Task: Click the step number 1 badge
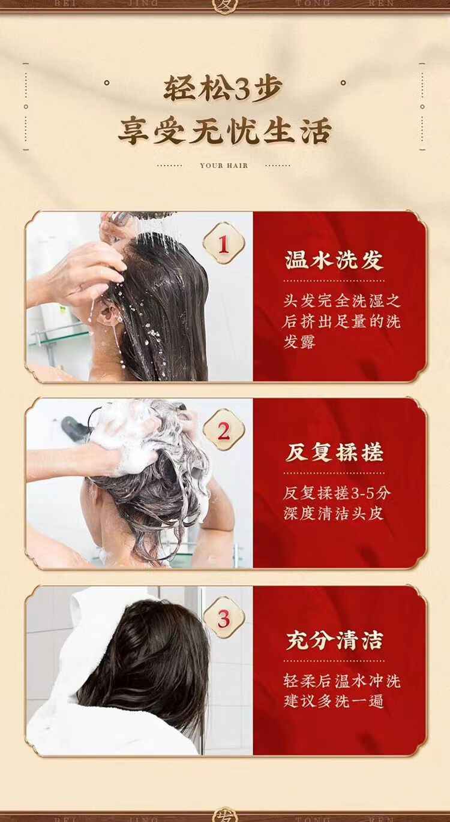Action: click(x=224, y=243)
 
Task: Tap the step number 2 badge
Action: click(x=224, y=430)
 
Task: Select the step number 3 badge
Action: click(x=224, y=619)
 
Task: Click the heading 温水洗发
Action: click(x=334, y=261)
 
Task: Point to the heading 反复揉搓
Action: click(x=334, y=453)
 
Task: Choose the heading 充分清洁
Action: click(x=334, y=641)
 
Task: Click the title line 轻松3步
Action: click(x=223, y=89)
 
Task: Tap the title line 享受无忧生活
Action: click(x=225, y=131)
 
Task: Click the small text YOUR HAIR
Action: click(x=224, y=165)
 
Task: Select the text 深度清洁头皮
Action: click(x=334, y=513)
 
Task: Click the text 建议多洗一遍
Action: click(x=334, y=701)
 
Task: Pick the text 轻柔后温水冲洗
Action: click(x=341, y=681)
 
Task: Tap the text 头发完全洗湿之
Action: click(x=341, y=301)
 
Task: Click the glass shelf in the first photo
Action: click(x=59, y=338)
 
